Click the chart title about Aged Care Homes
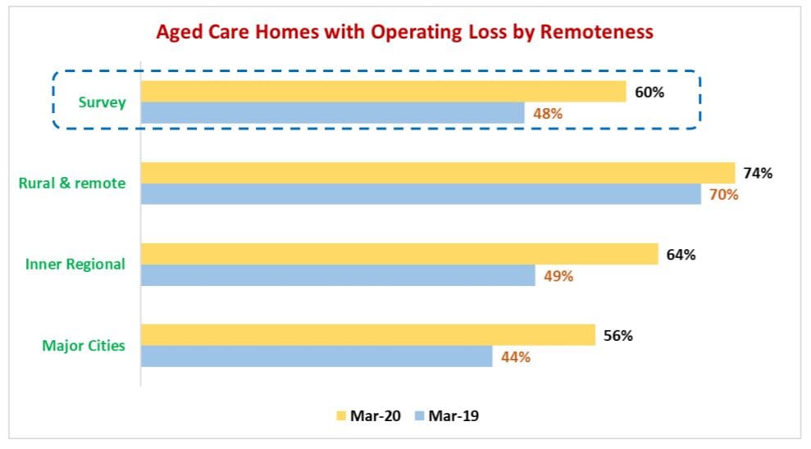405,32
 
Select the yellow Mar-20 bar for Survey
384,91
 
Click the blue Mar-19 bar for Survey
332,113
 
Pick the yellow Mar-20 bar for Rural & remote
438,172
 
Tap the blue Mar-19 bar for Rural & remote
421,194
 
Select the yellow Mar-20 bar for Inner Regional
399,254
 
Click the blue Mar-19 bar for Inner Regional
338,275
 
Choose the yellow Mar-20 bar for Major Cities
368,334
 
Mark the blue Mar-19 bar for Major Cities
317,356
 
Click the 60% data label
649,92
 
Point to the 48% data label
547,114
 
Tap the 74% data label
758,173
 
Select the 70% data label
724,195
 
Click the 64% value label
681,255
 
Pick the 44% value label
515,357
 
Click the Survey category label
102,102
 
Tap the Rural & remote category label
72,183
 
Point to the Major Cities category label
84,345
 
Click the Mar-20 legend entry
367,416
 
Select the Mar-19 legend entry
446,416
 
